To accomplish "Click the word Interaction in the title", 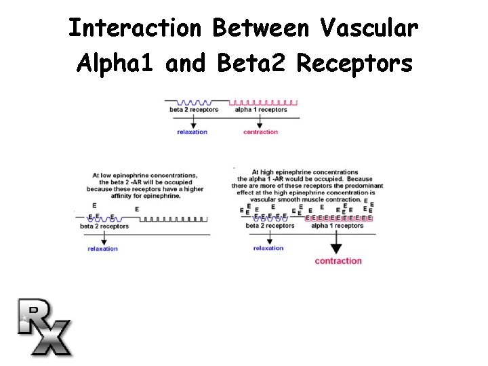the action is pyautogui.click(x=136, y=28).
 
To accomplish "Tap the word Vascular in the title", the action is pyautogui.click(x=369, y=28).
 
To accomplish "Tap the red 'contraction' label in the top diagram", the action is pyautogui.click(x=260, y=131).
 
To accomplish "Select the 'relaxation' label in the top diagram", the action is pyautogui.click(x=192, y=131).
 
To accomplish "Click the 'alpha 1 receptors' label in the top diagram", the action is pyautogui.click(x=261, y=109).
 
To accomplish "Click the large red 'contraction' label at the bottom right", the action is pyautogui.click(x=338, y=261).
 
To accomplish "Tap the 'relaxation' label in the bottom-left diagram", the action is pyautogui.click(x=102, y=249).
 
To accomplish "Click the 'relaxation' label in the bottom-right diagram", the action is pyautogui.click(x=268, y=248).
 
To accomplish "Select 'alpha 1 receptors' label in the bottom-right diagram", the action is pyautogui.click(x=337, y=226).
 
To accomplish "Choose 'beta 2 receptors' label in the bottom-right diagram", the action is pyautogui.click(x=270, y=226).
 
